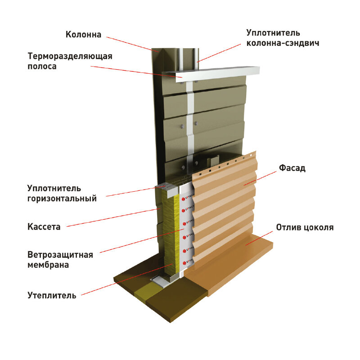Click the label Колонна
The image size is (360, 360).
pyautogui.click(x=84, y=34)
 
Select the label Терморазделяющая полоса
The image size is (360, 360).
pyautogui.click(x=70, y=62)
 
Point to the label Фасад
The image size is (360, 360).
pyautogui.click(x=292, y=168)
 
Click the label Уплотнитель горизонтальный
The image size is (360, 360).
pyautogui.click(x=62, y=193)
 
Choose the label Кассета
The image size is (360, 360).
pyautogui.click(x=44, y=227)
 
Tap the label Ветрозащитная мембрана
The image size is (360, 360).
pyautogui.click(x=60, y=260)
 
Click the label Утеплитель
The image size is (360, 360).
pyautogui.click(x=52, y=296)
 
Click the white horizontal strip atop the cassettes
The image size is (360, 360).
pyautogui.click(x=211, y=72)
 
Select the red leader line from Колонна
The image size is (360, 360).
pyautogui.click(x=130, y=43)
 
